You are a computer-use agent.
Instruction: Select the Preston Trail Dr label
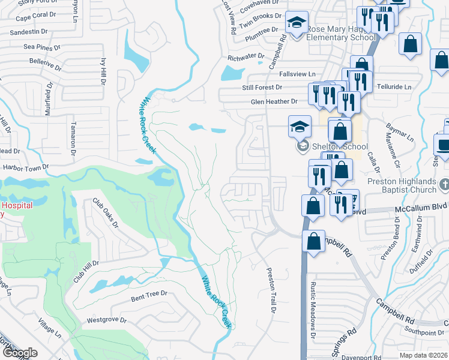point(270,291)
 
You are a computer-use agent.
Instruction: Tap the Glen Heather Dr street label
point(274,102)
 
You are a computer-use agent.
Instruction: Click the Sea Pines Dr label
point(41,46)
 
